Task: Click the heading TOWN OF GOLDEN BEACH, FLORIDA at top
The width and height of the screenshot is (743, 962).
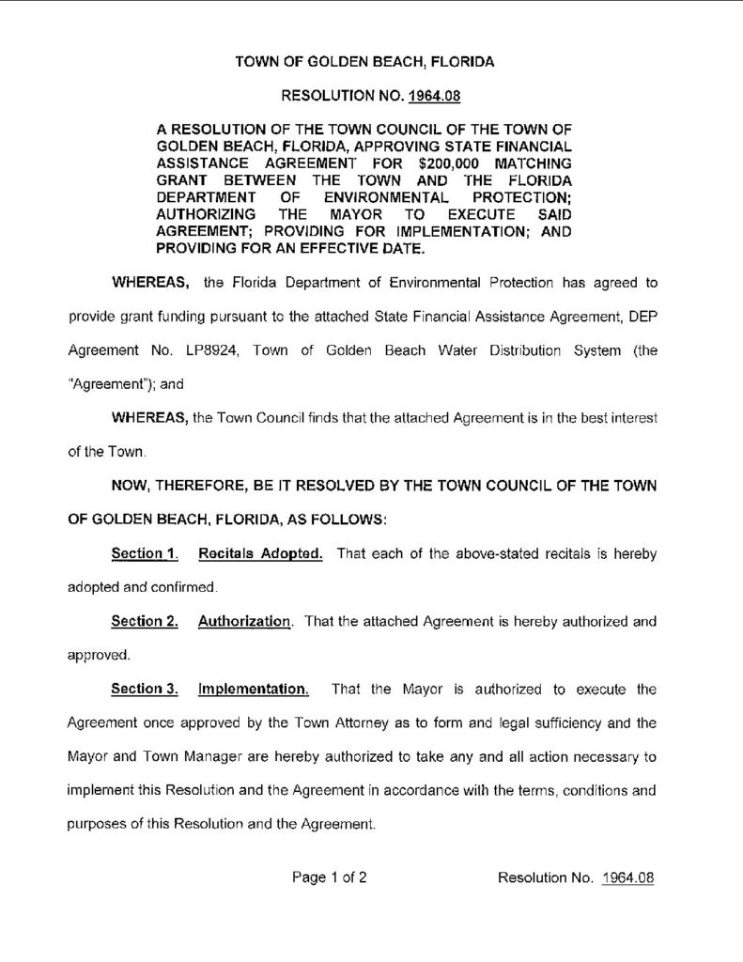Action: (x=364, y=62)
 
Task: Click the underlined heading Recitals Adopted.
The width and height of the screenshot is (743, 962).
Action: (x=260, y=553)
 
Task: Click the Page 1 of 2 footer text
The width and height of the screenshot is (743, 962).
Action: (x=329, y=878)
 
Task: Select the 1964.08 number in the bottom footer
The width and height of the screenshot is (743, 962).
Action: (x=627, y=878)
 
